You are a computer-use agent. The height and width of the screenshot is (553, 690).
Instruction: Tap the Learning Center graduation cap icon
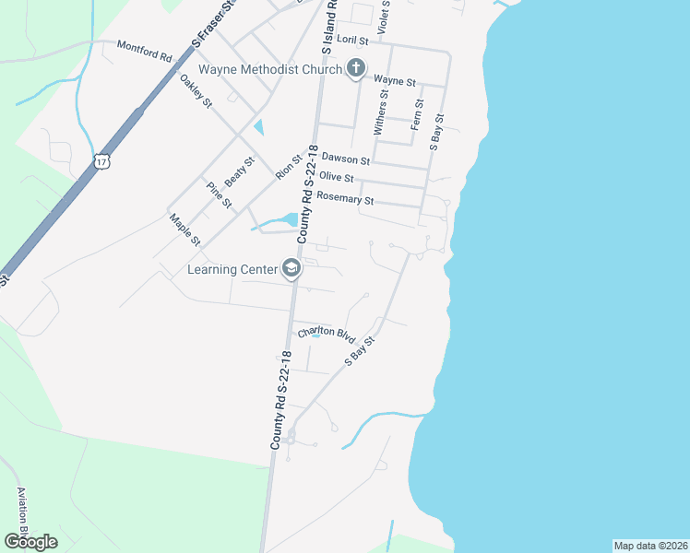coord(291,269)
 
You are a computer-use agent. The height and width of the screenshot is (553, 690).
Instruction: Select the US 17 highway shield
coord(101,161)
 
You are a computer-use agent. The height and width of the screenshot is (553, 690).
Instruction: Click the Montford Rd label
coord(145,51)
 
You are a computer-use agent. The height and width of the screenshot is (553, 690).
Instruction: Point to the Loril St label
coord(352,41)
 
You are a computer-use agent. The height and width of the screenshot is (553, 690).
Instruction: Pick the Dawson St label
coord(345,159)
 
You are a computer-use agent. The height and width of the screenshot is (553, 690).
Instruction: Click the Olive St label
coord(337,177)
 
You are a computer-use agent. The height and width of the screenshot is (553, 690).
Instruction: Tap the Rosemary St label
coord(345,198)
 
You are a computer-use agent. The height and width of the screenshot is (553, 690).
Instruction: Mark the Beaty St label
coord(239,172)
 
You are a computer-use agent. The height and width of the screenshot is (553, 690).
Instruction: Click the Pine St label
coord(219,194)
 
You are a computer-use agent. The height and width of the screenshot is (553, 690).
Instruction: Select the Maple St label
coord(184,229)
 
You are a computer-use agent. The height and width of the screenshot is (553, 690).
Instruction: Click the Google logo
coord(30,542)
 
